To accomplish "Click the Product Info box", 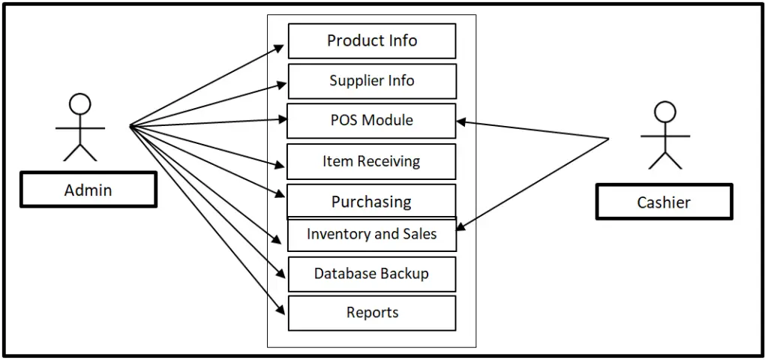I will tap(372, 40).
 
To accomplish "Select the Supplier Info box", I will tap(372, 81).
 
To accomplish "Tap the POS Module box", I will tap(372, 121).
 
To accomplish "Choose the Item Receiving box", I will tap(372, 161).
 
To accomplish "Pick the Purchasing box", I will tap(372, 201).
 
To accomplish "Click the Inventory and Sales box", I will tap(372, 235).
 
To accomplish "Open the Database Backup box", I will tap(372, 274).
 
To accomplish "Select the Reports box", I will tap(372, 313).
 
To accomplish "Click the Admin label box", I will tap(88, 190).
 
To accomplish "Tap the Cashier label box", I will tap(664, 202).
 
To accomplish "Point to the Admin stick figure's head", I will tap(79, 103).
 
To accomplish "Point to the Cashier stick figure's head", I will tap(664, 112).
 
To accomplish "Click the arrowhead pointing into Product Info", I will tap(280, 47).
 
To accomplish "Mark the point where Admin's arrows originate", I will tap(130, 125).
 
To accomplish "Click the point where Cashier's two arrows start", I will tap(608, 139).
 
